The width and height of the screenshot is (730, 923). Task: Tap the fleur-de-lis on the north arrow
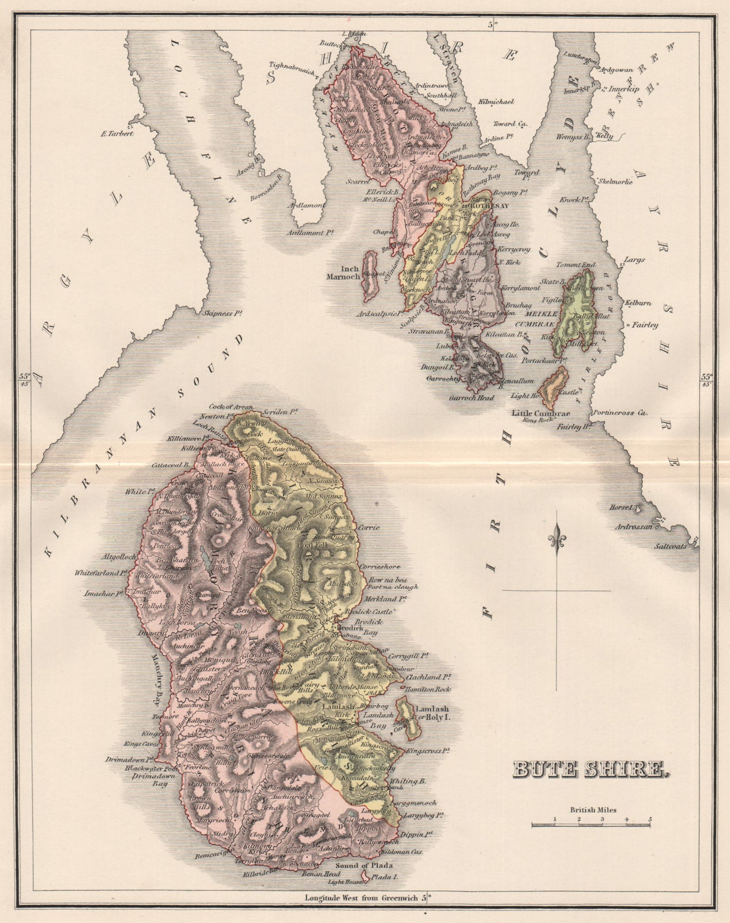(x=557, y=537)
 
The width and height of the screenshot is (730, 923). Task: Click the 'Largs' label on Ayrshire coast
(x=635, y=260)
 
